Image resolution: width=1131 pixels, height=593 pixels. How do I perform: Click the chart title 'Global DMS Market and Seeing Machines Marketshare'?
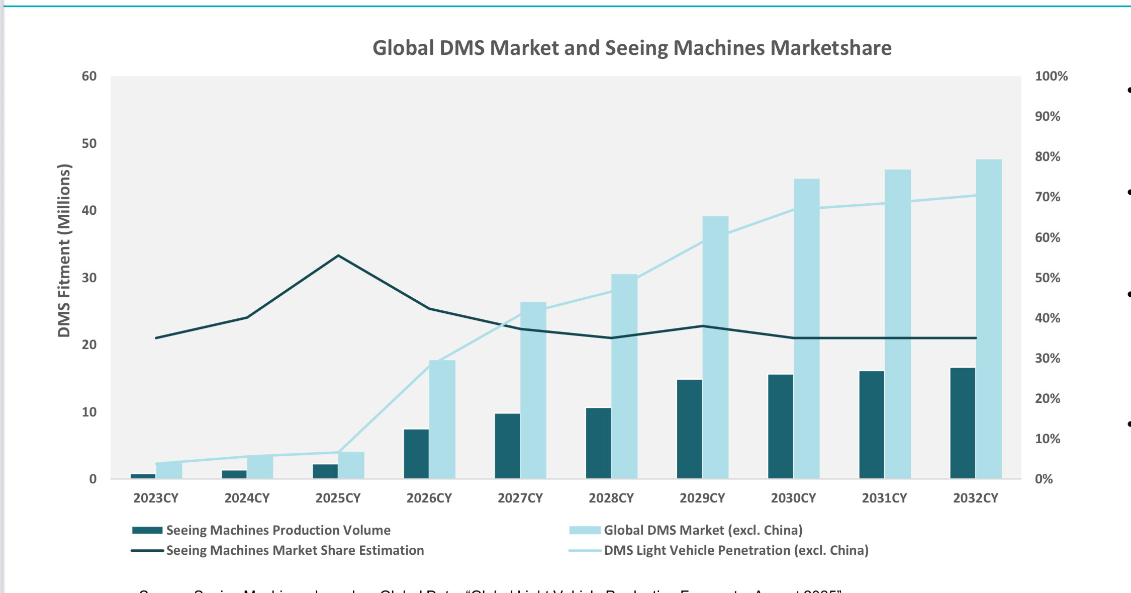coord(632,48)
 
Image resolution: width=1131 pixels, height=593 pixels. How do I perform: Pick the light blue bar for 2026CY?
coord(442,419)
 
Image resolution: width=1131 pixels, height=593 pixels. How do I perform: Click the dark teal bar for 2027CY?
coord(507,446)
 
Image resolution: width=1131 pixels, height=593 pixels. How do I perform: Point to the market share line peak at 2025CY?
coord(338,256)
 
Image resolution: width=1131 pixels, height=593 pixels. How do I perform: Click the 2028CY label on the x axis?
coord(611,498)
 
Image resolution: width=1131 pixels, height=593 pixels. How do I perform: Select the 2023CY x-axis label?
coord(156,498)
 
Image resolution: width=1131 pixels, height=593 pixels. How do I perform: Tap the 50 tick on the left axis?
coord(89,144)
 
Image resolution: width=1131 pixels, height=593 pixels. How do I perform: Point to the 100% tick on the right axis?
coord(1051,76)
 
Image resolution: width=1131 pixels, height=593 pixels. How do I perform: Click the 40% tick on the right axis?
coord(1048,318)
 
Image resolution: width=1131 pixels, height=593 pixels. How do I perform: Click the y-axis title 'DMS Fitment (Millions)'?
coord(64,250)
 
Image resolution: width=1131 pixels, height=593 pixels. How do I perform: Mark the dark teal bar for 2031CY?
coord(872,425)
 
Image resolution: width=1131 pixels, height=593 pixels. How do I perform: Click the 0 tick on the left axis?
coord(93,479)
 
